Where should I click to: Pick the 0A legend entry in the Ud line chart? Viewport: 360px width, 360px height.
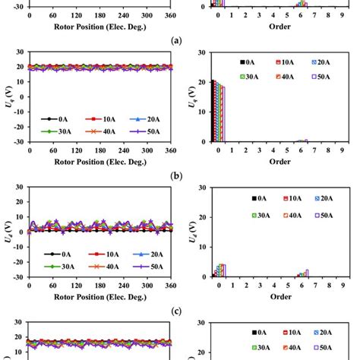coord(55,254)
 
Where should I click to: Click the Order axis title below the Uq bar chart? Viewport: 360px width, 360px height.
coord(279,161)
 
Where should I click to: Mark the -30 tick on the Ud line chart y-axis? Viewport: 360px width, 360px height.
coord(19,276)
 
